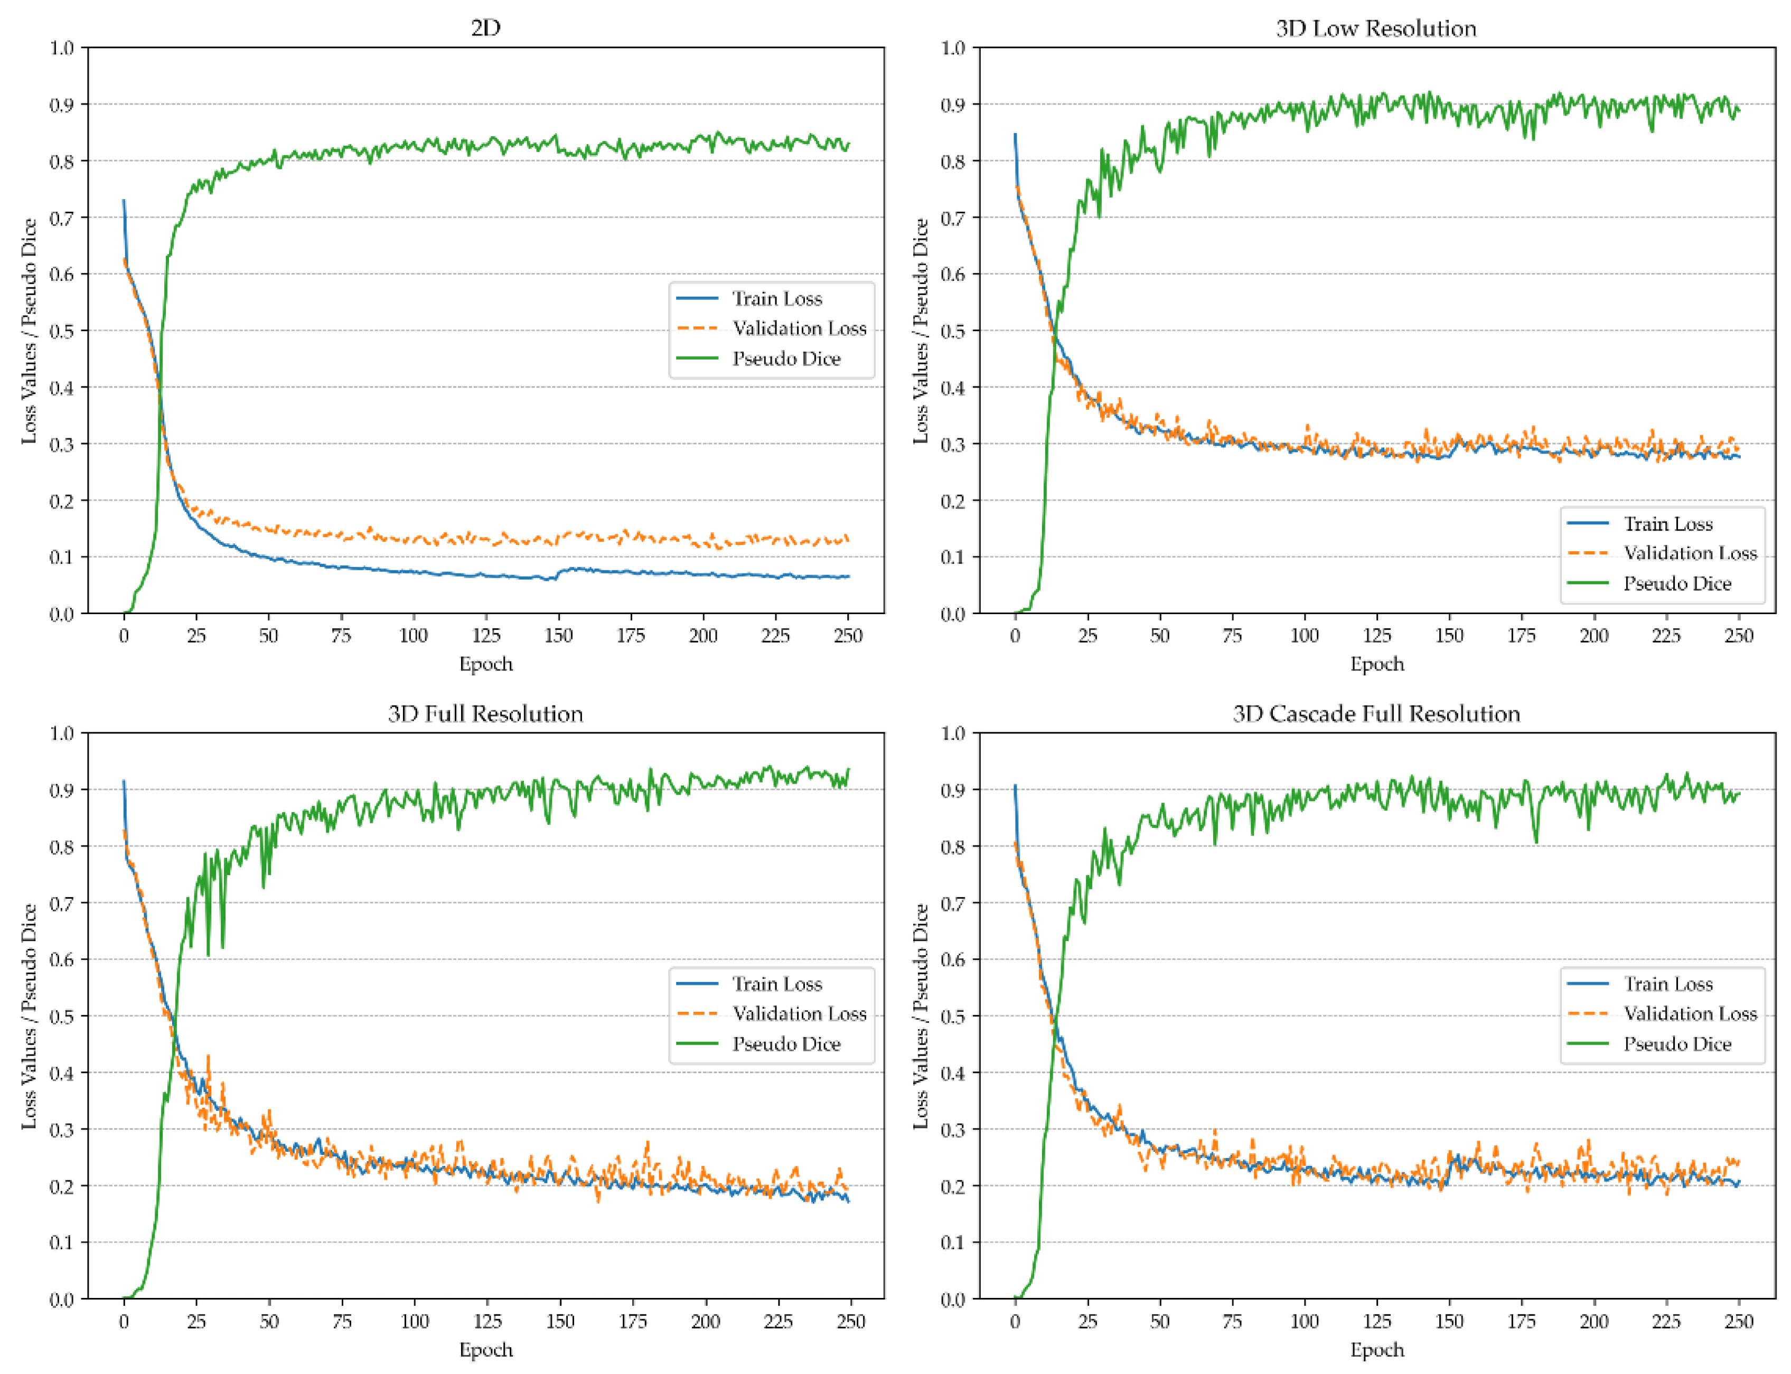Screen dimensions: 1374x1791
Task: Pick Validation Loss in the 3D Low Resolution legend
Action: click(x=1690, y=554)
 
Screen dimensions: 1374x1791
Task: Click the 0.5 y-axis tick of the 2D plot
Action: click(x=61, y=331)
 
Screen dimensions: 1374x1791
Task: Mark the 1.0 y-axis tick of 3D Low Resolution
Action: click(x=953, y=48)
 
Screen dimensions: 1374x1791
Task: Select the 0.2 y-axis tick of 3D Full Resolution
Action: click(x=61, y=1187)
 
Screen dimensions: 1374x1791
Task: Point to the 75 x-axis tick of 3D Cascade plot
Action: click(x=1232, y=1322)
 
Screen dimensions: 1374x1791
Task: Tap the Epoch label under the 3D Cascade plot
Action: click(x=1376, y=1350)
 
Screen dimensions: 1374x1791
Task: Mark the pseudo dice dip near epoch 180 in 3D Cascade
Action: click(x=1536, y=841)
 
